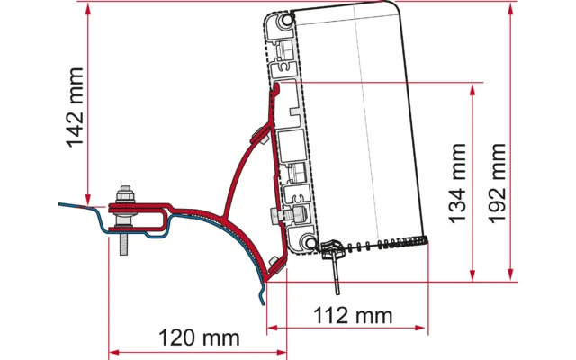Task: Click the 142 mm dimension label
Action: tap(75, 107)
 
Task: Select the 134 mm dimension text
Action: tap(457, 184)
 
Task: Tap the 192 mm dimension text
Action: tap(498, 184)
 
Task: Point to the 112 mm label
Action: tap(353, 315)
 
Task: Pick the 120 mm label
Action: tap(199, 337)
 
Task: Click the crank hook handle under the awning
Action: tap(334, 265)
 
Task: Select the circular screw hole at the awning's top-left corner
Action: tap(286, 20)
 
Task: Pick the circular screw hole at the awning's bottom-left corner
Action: tap(311, 242)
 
